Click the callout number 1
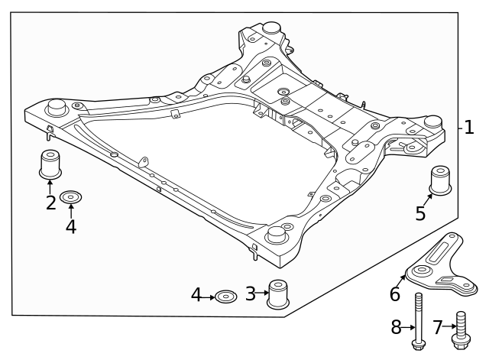click(x=469, y=128)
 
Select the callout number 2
click(x=50, y=203)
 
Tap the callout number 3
click(x=250, y=294)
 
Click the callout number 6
click(x=395, y=294)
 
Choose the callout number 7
click(x=438, y=328)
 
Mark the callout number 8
click(x=397, y=328)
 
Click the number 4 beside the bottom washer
click(x=196, y=294)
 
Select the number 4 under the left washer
click(x=71, y=226)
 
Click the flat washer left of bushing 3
click(x=225, y=295)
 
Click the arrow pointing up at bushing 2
click(x=50, y=186)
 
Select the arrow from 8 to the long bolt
click(x=408, y=328)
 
